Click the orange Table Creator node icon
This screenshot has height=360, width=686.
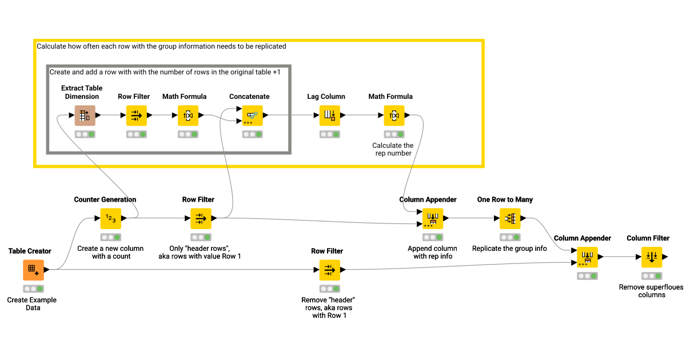33,270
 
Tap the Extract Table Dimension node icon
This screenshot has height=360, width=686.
85,115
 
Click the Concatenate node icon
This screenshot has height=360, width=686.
252,115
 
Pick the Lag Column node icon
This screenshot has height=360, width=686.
329,115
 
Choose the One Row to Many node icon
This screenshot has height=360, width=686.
509,218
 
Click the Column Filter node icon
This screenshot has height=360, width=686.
651,257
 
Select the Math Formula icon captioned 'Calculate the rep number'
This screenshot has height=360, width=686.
393,115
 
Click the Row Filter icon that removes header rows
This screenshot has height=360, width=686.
329,270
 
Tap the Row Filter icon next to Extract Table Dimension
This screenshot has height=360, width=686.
136,115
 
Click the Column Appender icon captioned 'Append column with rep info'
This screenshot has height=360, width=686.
432,218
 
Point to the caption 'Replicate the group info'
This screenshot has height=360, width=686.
509,249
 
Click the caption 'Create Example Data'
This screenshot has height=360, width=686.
32,303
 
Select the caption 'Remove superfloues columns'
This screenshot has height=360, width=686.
651,291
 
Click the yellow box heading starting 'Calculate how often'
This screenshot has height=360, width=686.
161,46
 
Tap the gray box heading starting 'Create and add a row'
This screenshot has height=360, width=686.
165,73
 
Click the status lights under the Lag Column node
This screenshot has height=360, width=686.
329,134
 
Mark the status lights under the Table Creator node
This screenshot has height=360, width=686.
33,289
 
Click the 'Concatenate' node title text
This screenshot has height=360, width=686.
249,97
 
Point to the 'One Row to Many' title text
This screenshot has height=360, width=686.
505,199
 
